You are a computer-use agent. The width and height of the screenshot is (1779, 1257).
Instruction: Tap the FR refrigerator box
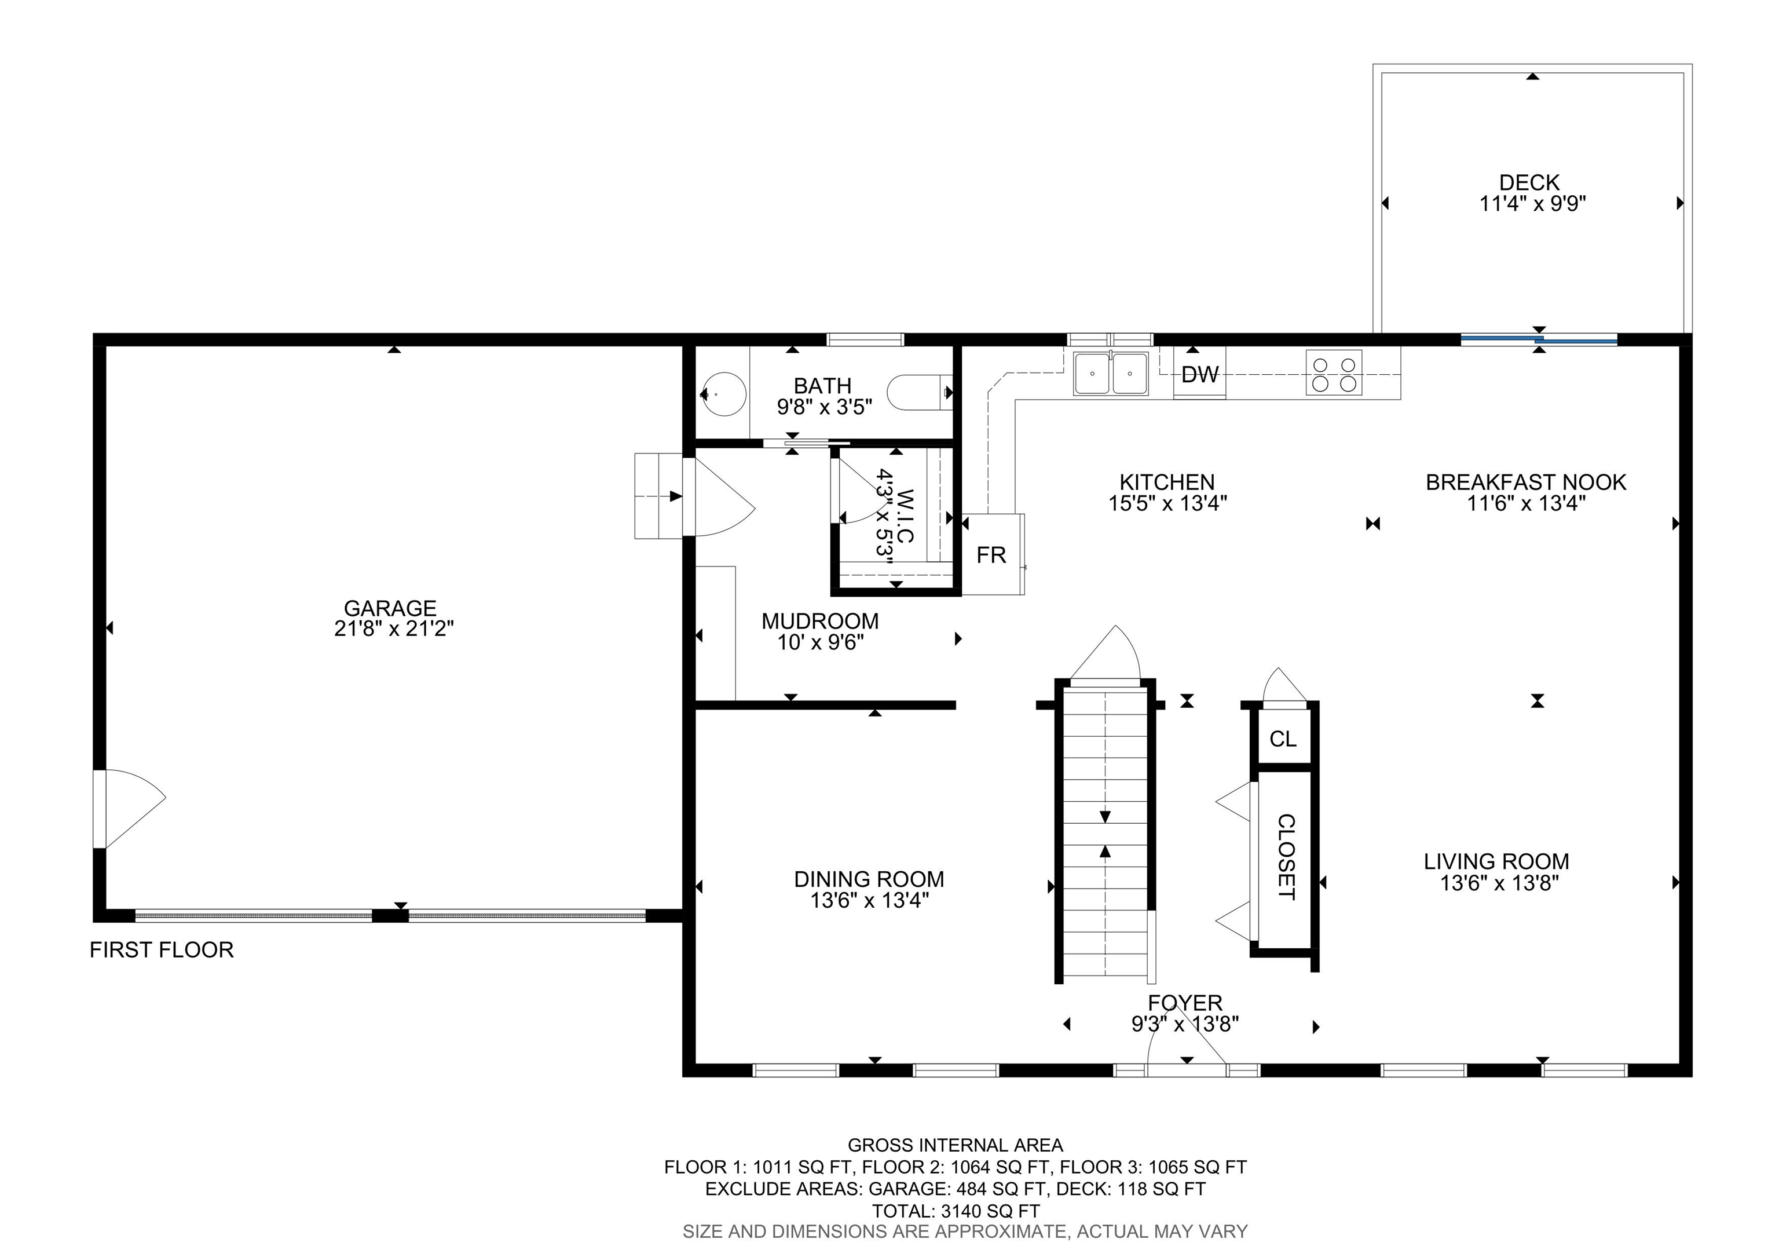click(993, 554)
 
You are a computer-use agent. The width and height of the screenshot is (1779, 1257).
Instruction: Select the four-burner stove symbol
click(1334, 373)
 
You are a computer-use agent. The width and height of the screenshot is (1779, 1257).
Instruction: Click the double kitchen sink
click(1111, 374)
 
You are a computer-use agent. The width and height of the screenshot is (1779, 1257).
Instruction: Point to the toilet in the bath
click(921, 393)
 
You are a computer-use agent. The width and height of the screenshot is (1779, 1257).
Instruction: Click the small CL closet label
click(1283, 739)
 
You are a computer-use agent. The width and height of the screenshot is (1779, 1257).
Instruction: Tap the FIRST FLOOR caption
click(162, 950)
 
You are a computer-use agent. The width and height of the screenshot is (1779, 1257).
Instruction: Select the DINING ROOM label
click(869, 879)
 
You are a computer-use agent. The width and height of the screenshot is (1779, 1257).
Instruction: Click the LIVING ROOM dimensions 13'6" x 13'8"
click(1499, 883)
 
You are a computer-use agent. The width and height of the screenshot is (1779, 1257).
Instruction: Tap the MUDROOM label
click(820, 621)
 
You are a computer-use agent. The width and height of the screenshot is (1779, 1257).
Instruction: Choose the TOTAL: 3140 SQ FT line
click(956, 1211)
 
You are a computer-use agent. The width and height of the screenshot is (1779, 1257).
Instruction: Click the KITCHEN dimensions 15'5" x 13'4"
click(1167, 503)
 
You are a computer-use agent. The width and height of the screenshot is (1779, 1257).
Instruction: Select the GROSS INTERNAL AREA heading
click(956, 1145)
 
